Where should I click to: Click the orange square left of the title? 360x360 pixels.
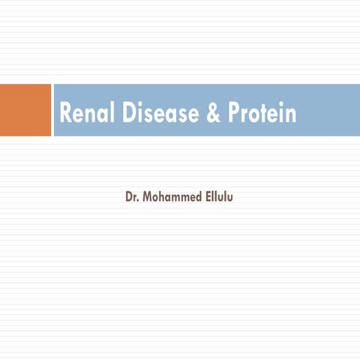[x=25, y=110]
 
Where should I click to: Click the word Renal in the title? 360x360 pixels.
[x=87, y=112]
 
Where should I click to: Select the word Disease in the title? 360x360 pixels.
[x=160, y=112]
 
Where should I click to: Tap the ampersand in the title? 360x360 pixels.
[x=213, y=112]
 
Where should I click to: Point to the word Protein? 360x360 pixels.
[x=262, y=112]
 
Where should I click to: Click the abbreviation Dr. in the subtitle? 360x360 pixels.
[x=132, y=196]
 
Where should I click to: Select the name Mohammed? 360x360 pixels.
[x=172, y=196]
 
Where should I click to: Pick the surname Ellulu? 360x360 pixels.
[x=219, y=196]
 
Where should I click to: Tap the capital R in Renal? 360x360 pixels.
[x=66, y=112]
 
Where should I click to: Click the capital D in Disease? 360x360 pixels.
[x=129, y=112]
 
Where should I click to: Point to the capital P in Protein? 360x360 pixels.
[x=234, y=112]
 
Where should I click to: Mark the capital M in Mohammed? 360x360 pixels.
[x=147, y=197]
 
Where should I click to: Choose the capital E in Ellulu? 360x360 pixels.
[x=208, y=197]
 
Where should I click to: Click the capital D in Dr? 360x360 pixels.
[x=128, y=197]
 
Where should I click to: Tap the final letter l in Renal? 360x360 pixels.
[x=112, y=112]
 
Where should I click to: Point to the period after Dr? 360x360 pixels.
[x=138, y=200]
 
